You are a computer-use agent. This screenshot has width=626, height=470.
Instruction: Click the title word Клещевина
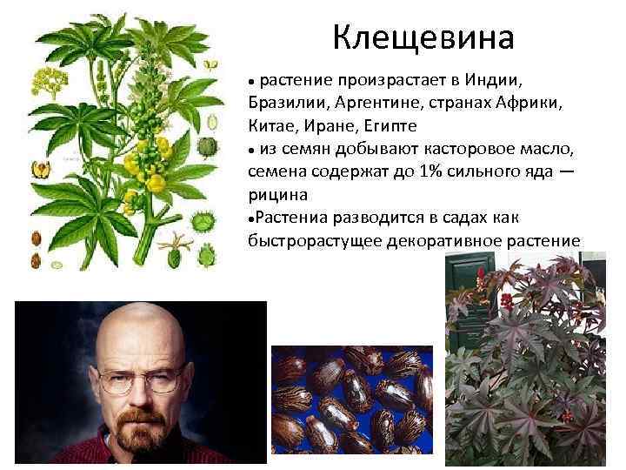point(423,37)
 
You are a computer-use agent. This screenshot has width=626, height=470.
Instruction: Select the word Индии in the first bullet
point(493,81)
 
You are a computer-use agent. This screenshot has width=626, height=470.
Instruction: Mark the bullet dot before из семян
point(251,150)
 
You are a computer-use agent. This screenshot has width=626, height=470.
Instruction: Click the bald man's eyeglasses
point(139,380)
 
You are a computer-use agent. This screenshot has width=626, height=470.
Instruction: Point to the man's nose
point(139,396)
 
